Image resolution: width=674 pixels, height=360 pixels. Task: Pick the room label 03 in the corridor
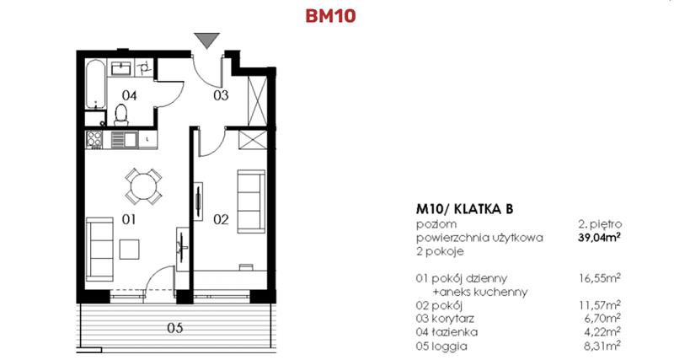[x=219, y=96]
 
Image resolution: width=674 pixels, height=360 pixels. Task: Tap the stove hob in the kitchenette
[x=94, y=140]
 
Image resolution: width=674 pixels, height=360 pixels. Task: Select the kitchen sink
[x=120, y=140]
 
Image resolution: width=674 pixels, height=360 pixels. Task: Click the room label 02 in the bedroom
[x=220, y=221]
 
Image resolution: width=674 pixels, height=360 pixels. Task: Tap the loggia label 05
[x=174, y=328]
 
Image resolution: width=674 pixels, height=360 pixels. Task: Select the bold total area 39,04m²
[x=602, y=238]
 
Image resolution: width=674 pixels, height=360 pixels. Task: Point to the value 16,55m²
[x=602, y=278]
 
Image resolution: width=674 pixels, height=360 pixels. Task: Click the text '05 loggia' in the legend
[x=446, y=345]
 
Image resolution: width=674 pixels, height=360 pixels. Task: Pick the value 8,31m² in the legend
[x=605, y=345]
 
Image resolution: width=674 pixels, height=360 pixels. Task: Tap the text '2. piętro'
[x=600, y=224]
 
